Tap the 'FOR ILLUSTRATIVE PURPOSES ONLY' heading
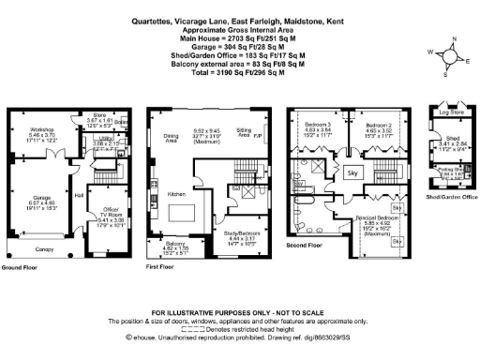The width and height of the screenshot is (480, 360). tap(239, 310)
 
